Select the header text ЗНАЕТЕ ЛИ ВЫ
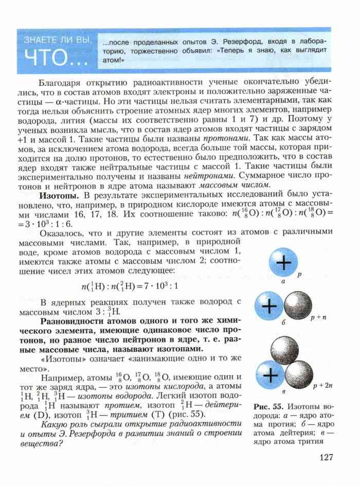(56, 40)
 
